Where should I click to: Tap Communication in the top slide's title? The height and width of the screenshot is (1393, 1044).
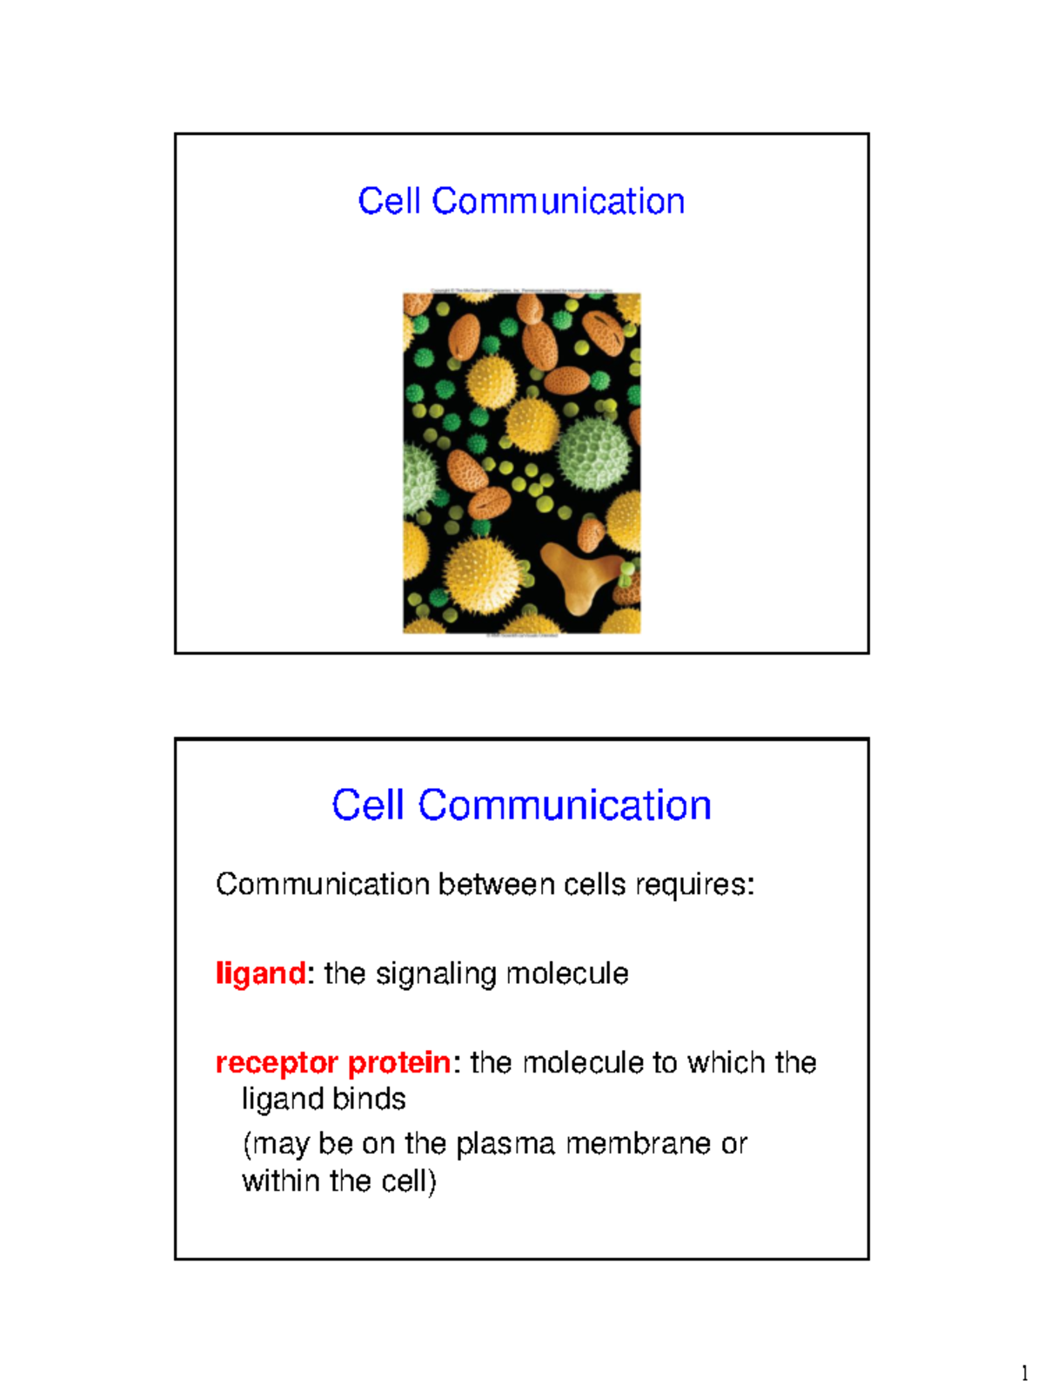pos(559,201)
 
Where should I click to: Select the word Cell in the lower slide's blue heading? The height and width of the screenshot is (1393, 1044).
pos(368,805)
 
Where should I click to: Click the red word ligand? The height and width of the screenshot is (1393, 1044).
pos(260,973)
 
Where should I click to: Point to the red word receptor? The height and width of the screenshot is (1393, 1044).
pos(277,1063)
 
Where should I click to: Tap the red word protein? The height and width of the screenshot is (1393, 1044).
pos(399,1063)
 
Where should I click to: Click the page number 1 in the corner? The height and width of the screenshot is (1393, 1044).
pos(1024,1375)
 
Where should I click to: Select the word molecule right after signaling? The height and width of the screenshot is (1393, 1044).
pos(566,973)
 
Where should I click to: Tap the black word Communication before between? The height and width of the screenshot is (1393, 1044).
pos(323,885)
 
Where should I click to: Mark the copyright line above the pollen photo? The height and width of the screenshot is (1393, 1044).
pos(522,291)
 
